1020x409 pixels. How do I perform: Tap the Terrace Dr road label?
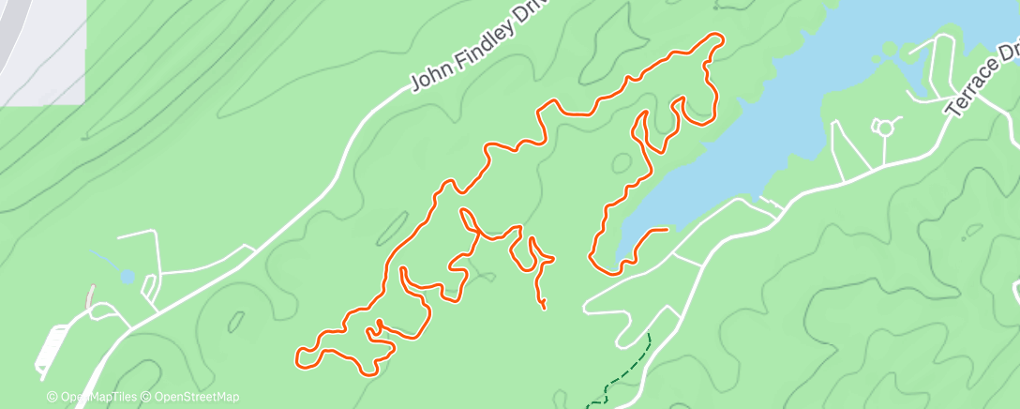click(981, 80)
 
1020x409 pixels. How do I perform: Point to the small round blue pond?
click(127, 277)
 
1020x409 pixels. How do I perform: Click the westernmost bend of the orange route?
click(299, 356)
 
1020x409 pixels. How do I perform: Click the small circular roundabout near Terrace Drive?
click(883, 126)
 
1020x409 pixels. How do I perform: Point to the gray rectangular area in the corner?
click(42, 51)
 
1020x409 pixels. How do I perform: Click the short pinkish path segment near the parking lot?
click(91, 295)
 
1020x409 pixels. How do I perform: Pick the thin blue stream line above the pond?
click(105, 259)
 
